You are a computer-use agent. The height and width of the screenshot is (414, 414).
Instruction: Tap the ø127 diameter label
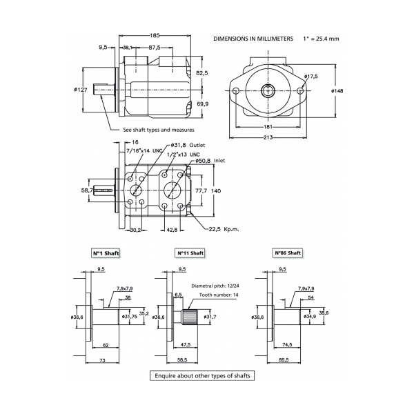click(x=81, y=89)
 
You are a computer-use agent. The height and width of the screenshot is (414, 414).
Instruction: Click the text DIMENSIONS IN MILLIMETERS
click(x=253, y=39)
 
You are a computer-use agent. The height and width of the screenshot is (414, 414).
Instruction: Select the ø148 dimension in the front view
click(x=337, y=90)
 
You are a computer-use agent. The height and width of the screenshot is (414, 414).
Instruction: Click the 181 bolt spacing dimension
click(x=268, y=127)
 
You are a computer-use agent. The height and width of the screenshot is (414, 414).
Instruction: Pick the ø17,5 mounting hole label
click(x=311, y=77)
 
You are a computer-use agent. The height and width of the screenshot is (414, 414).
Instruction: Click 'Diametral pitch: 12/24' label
click(x=221, y=286)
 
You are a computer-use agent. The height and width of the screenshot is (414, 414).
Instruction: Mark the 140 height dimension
click(x=215, y=190)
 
